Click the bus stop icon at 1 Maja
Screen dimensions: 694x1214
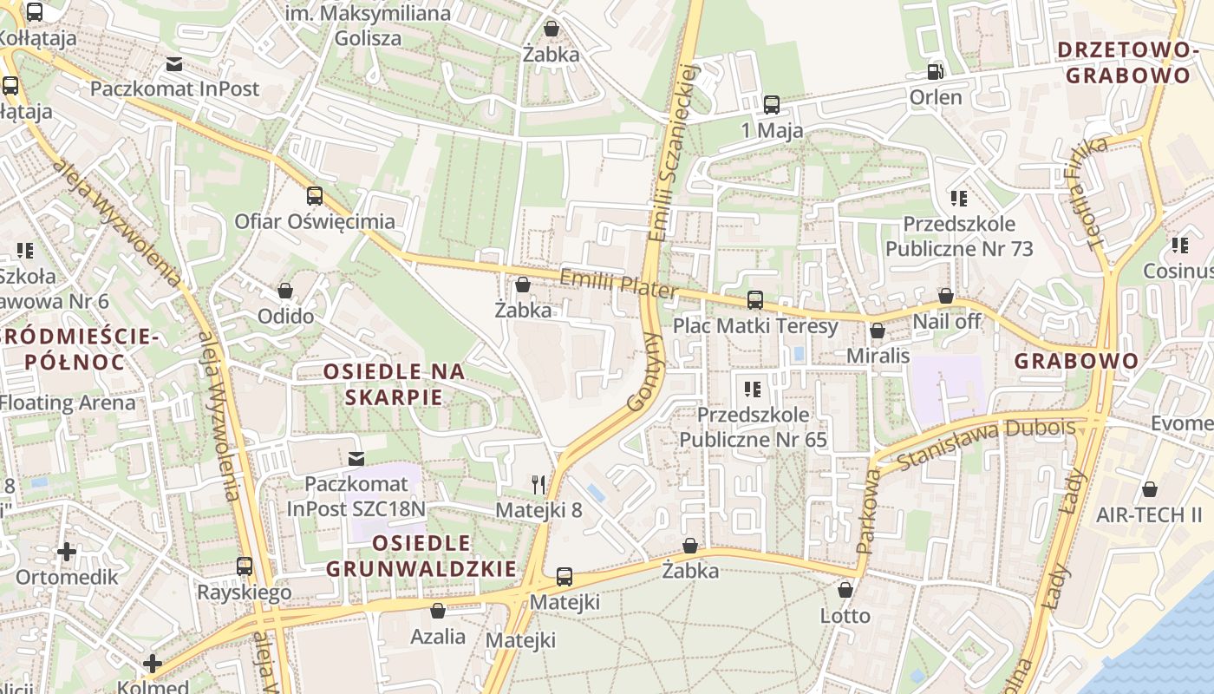pos(771,105)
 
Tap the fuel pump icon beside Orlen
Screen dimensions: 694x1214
pos(935,72)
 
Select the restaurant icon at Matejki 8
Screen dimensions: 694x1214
pos(539,484)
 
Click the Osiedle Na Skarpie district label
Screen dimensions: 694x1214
pos(394,384)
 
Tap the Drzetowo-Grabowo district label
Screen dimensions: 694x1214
pos(1127,62)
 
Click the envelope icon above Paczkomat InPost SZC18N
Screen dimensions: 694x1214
pos(356,457)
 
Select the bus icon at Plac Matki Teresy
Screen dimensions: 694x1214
pos(754,300)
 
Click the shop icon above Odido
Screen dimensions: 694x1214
pos(285,291)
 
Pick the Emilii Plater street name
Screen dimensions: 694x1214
pos(617,284)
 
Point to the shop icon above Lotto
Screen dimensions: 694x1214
pos(845,590)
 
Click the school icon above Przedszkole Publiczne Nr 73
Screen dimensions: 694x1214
pos(958,199)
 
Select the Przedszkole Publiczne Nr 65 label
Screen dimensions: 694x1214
pos(753,427)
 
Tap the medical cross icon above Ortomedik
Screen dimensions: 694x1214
pos(67,552)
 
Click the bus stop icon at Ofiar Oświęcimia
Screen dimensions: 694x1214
pos(315,196)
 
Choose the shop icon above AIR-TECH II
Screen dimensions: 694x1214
pos(1150,489)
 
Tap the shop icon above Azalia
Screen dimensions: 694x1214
pos(438,611)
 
